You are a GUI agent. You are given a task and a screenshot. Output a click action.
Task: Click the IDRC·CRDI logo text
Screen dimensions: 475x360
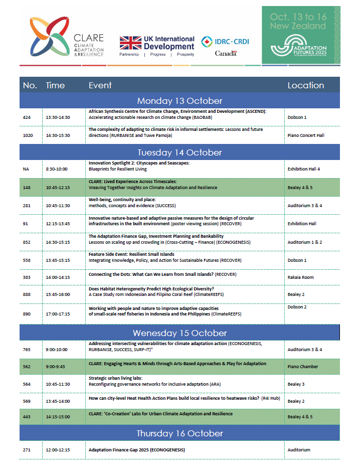tap(225, 42)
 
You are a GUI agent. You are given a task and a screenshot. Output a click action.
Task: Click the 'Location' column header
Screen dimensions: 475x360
tap(305, 85)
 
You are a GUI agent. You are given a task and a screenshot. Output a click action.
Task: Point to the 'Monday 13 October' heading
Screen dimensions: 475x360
tap(179, 101)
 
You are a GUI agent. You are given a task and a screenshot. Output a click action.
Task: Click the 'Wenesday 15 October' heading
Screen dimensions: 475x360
tap(179, 333)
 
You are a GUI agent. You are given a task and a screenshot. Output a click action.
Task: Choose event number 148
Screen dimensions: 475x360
tap(27, 188)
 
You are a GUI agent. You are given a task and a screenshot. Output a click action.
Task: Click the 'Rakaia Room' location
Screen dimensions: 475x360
tap(300, 278)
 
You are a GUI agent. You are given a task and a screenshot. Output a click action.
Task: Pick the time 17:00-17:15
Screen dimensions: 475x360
tap(57, 314)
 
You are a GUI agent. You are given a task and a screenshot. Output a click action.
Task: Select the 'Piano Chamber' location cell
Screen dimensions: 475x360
tap(302, 367)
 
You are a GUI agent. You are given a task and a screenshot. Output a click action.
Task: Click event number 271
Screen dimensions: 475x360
tap(27, 450)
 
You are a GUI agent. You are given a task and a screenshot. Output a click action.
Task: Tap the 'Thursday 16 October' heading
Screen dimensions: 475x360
tap(179, 433)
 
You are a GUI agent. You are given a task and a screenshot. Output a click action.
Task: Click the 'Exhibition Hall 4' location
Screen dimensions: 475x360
tap(304, 169)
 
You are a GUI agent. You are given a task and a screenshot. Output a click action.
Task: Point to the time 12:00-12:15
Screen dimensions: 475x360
tap(57, 450)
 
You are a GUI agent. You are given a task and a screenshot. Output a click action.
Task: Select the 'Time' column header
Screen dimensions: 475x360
tap(55, 85)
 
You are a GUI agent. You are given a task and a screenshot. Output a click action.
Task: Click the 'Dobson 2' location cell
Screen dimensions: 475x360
tap(297, 306)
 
